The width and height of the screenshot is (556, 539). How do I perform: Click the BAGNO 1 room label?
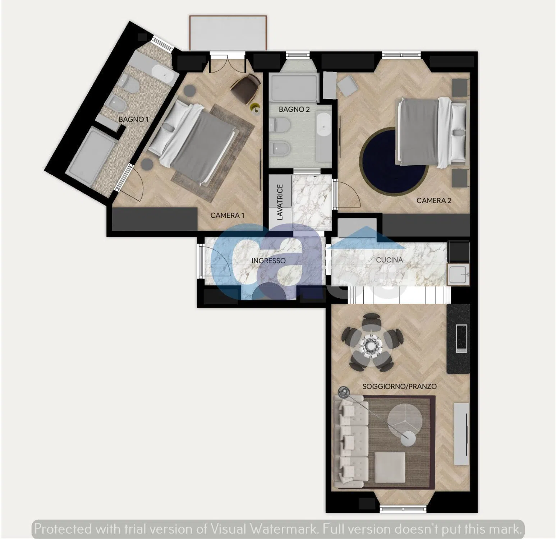(x=133, y=119)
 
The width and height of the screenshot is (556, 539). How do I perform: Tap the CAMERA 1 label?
(x=227, y=215)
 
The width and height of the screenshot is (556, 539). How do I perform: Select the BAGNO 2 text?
(x=294, y=109)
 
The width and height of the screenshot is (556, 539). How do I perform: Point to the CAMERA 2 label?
(x=434, y=201)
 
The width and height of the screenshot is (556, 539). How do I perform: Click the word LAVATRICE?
(x=280, y=202)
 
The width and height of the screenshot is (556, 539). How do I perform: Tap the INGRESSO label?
(x=268, y=261)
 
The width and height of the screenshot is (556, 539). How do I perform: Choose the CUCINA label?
(x=389, y=259)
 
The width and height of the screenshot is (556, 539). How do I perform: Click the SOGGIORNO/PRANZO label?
(x=399, y=387)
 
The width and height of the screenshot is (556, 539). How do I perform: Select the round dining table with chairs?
(x=372, y=342)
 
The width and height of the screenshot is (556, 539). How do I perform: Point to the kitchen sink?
(x=458, y=275)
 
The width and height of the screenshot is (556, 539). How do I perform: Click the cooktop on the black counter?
(x=461, y=338)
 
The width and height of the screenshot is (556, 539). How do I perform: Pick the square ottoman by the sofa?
(x=390, y=467)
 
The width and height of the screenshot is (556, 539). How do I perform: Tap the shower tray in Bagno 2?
(x=294, y=88)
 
